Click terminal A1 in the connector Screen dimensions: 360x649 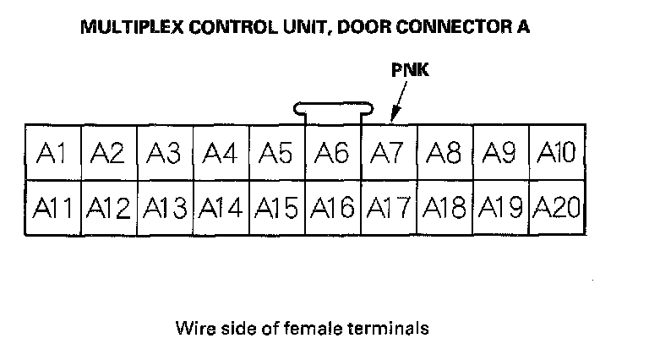click(x=52, y=153)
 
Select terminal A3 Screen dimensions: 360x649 click(x=165, y=153)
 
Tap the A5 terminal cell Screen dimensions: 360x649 click(x=276, y=153)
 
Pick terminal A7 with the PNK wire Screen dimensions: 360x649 click(x=388, y=153)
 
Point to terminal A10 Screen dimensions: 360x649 click(x=556, y=153)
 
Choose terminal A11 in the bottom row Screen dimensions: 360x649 click(x=52, y=208)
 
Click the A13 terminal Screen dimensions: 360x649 click(x=165, y=208)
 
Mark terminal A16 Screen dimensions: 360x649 click(x=332, y=208)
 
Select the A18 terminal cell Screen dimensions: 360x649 click(x=444, y=208)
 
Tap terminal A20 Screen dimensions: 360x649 click(x=556, y=208)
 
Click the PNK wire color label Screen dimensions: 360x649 click(x=410, y=71)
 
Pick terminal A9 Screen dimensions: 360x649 click(x=500, y=153)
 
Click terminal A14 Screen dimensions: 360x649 click(x=221, y=208)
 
